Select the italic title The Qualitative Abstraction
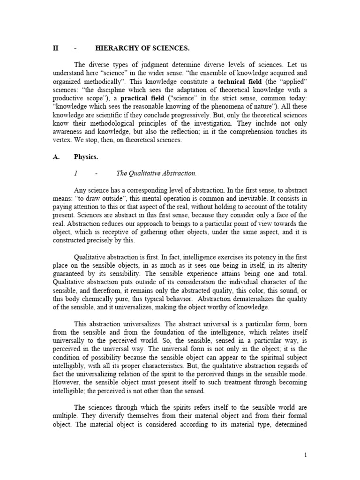coord(156,173)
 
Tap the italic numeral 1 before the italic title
coord(75,173)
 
